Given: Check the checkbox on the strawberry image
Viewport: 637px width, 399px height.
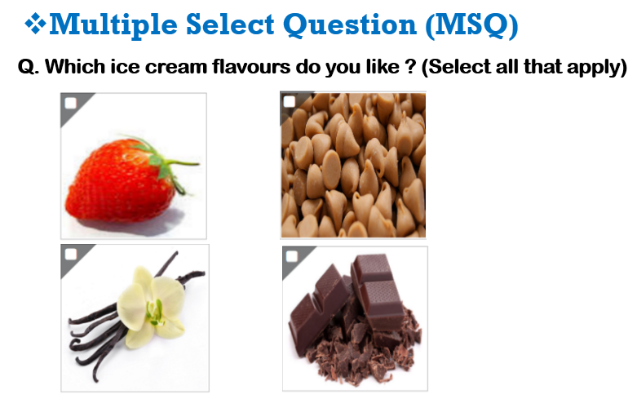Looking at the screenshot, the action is [x=71, y=103].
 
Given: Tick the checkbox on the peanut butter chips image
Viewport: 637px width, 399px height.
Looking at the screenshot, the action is [x=290, y=101].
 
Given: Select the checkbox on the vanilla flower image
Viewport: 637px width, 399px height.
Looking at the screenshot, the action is [x=71, y=255].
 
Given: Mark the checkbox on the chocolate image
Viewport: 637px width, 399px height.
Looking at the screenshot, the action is [x=292, y=256].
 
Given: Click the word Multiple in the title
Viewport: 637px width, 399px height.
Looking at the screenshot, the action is [x=113, y=25].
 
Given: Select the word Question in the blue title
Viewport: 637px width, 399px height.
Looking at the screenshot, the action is [x=350, y=24].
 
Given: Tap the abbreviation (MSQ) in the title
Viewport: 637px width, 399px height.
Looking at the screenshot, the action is [x=471, y=25].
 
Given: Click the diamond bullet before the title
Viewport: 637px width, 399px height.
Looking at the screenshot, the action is [x=36, y=24].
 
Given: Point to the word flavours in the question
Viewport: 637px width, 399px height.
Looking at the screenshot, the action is [x=251, y=66].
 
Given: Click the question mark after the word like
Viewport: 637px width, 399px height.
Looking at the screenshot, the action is [x=411, y=66].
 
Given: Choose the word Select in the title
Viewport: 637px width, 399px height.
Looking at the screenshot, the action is [x=230, y=24].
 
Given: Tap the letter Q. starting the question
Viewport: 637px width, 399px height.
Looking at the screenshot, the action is [x=29, y=67].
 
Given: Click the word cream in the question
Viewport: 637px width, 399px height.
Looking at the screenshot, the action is [x=175, y=67].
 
